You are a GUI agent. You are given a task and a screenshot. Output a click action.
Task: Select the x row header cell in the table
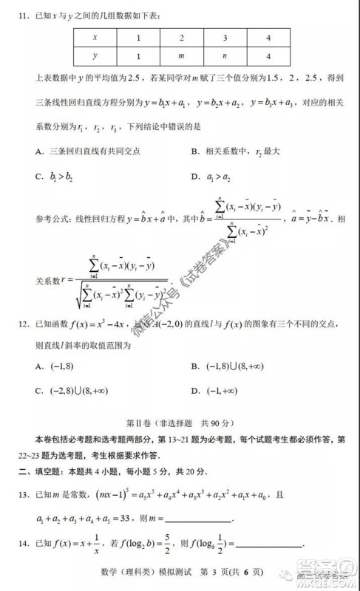95,36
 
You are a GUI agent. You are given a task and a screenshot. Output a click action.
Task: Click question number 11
22,16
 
